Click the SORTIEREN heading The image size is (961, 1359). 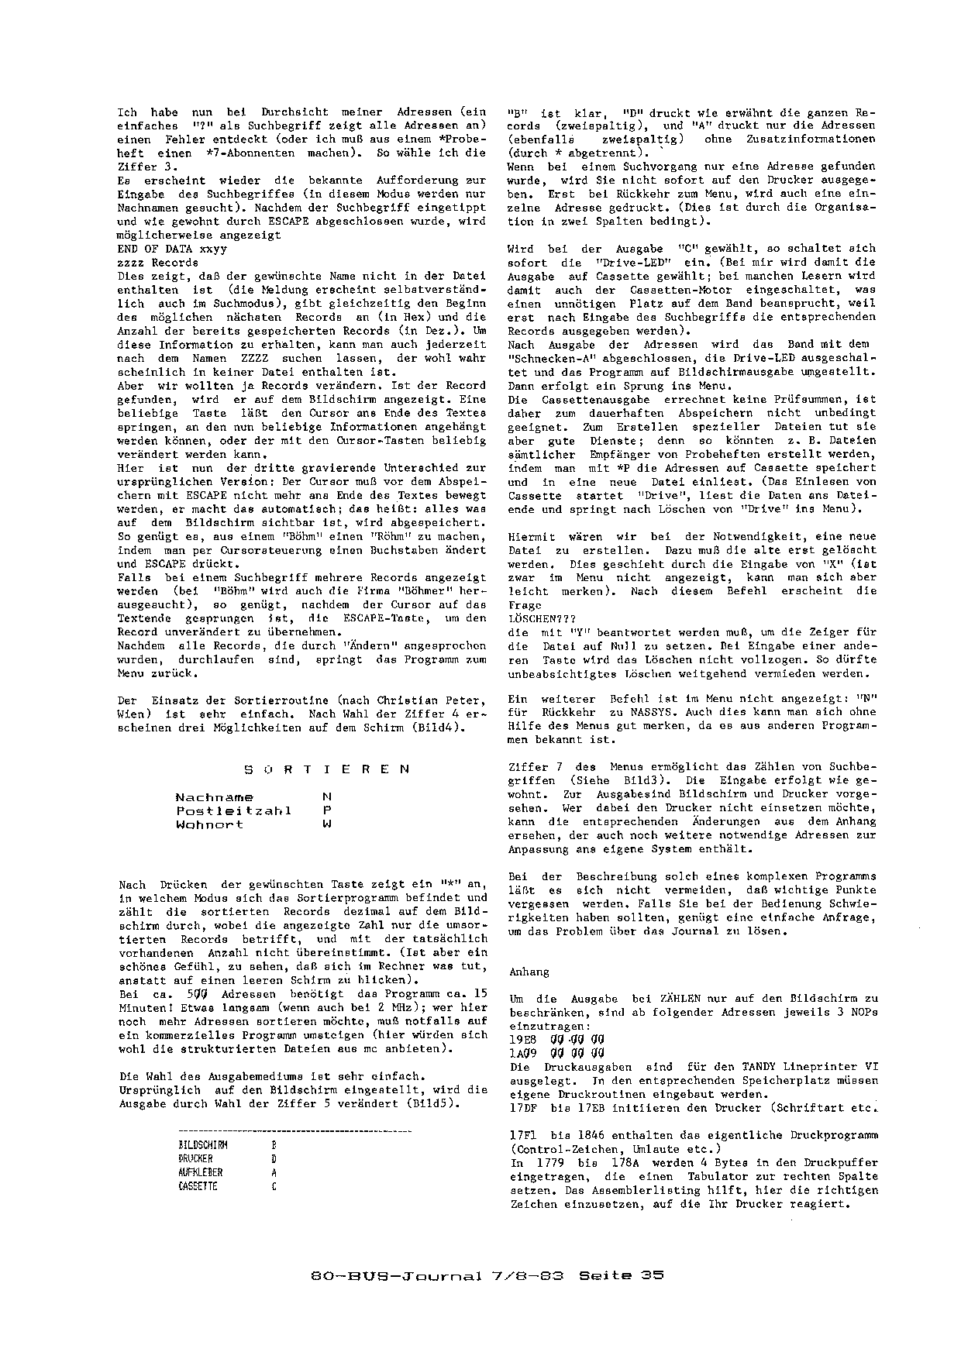tap(326, 769)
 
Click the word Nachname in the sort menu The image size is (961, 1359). tap(214, 796)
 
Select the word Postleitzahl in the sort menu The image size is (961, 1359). tap(233, 810)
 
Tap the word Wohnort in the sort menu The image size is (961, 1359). tap(209, 824)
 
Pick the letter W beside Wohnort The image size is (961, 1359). tap(326, 824)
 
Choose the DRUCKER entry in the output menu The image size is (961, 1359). tap(195, 1158)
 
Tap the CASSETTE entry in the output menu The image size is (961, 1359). tap(198, 1186)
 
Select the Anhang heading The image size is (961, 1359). tap(529, 972)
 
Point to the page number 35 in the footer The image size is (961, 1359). tap(652, 1275)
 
